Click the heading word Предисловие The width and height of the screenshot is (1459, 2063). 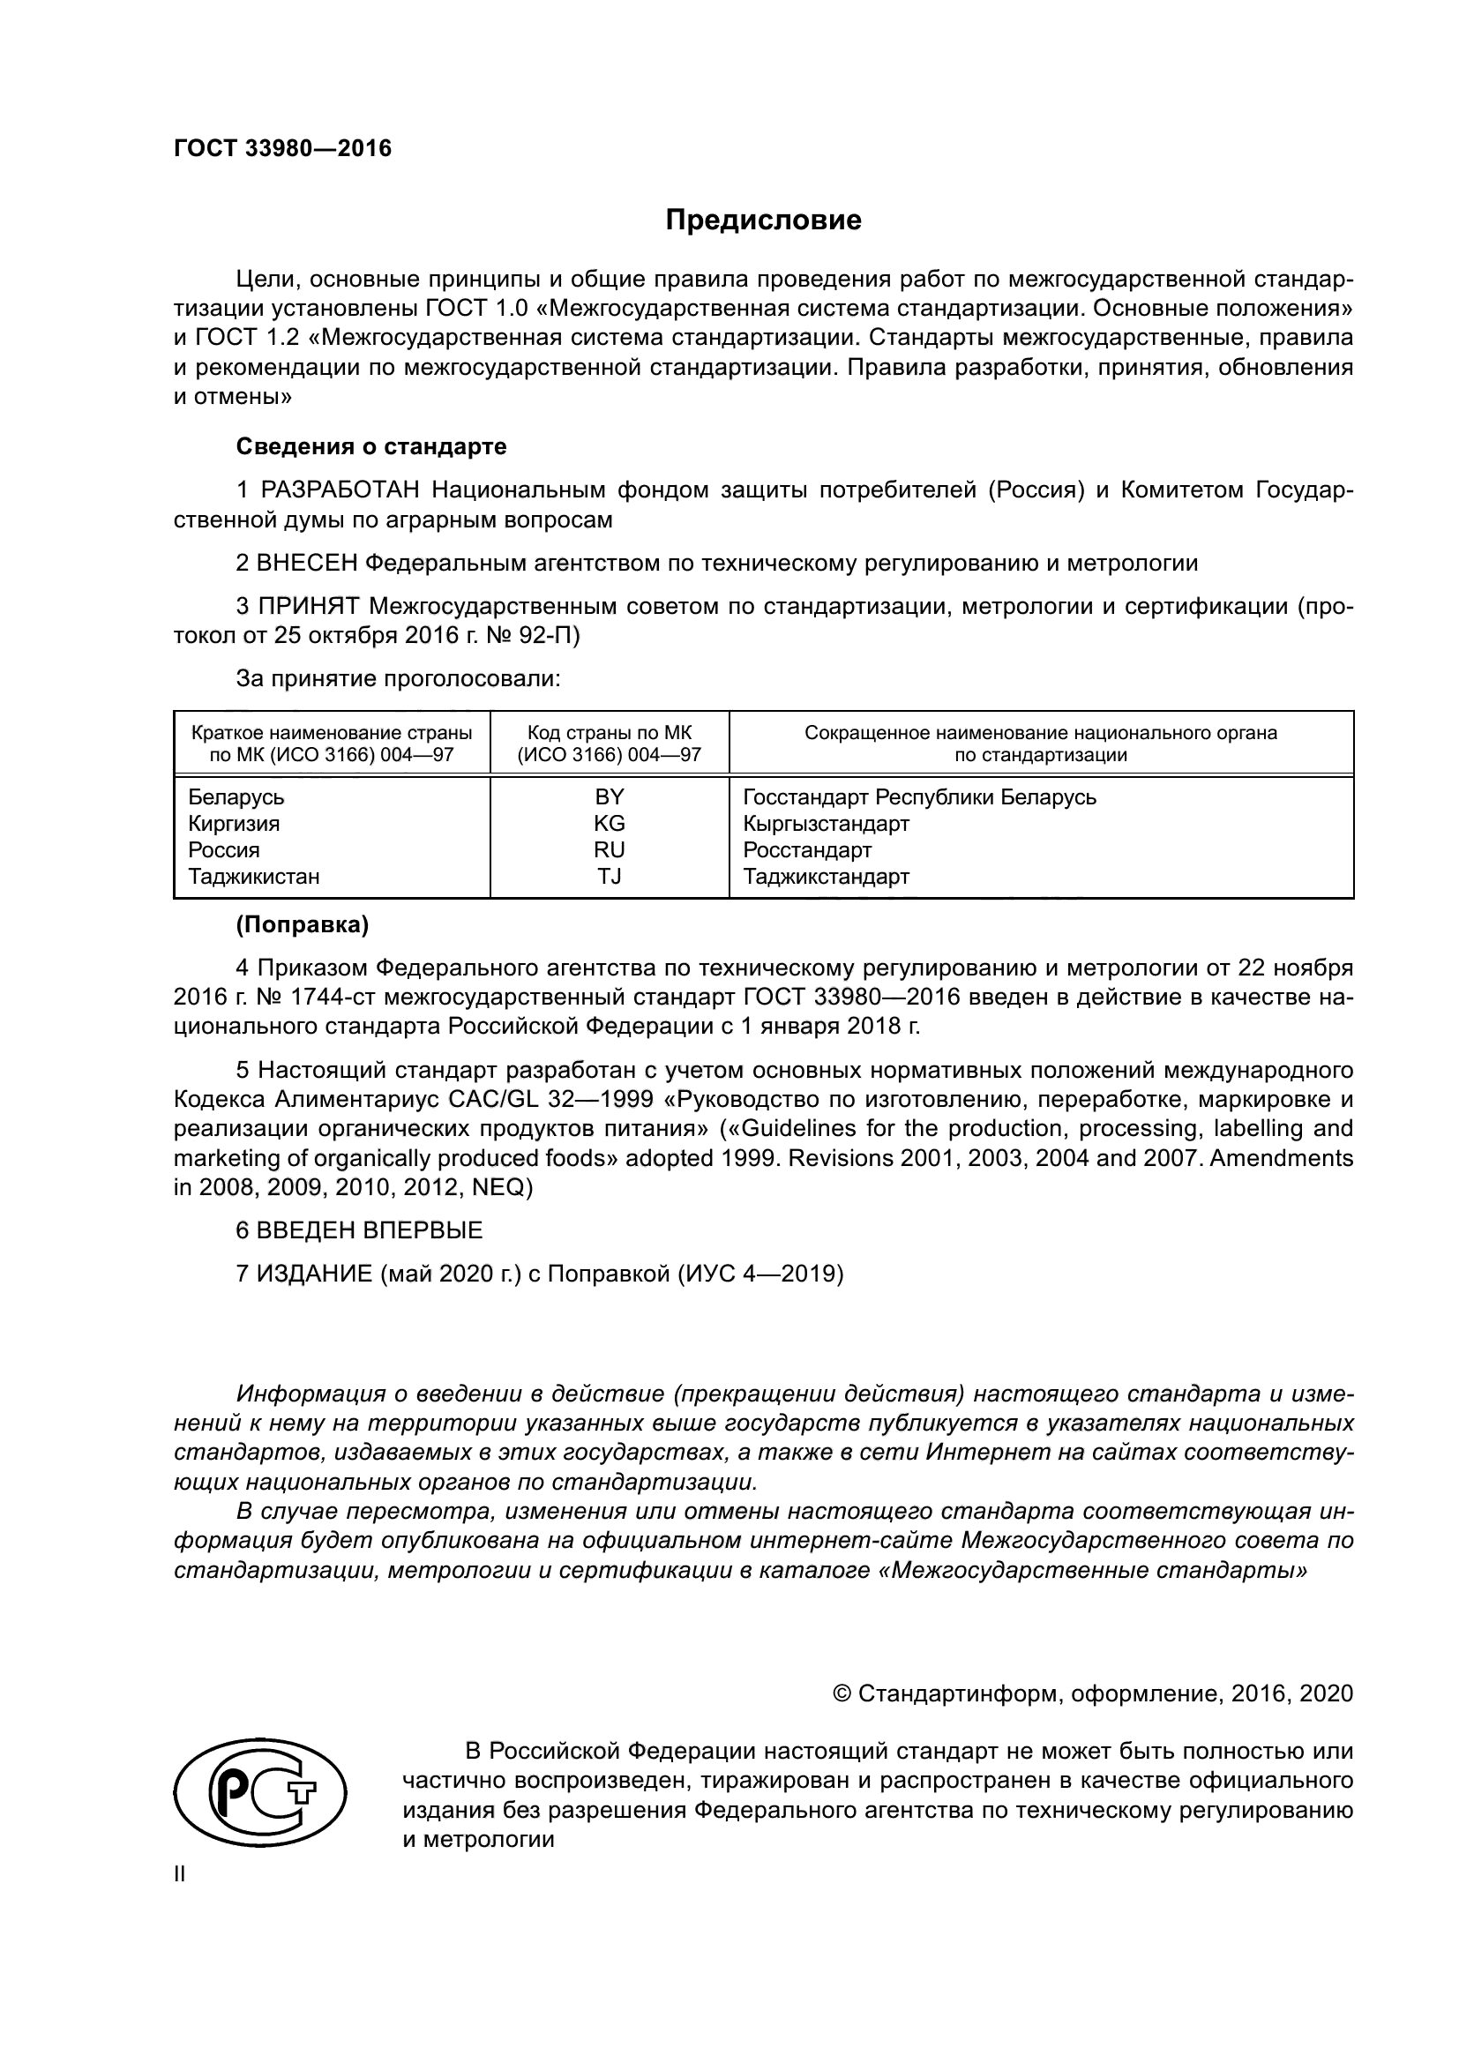763,221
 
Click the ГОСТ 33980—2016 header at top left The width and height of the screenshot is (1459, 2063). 282,148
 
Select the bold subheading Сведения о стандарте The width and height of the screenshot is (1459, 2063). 371,446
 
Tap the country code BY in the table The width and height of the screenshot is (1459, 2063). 610,797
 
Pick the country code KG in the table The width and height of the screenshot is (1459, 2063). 610,823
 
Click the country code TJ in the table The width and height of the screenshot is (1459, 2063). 610,876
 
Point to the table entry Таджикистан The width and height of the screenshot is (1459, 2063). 253,876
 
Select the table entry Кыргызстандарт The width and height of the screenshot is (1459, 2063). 826,823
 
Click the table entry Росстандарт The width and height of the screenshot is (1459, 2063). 807,850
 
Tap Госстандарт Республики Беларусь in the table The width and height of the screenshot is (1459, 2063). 919,797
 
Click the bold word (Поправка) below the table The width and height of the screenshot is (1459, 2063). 302,924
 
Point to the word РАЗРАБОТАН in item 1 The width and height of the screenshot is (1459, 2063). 340,490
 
